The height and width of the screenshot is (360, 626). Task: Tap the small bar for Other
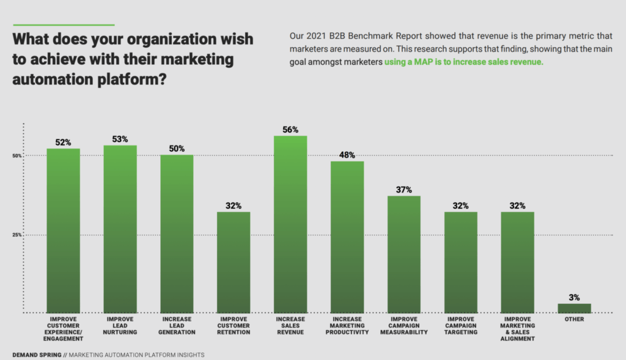tap(574, 308)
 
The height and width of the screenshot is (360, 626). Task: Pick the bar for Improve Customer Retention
tap(234, 262)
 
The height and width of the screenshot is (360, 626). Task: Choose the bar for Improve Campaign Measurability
tap(403, 254)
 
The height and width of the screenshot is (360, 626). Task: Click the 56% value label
tap(290, 130)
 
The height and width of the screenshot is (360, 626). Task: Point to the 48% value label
tap(347, 155)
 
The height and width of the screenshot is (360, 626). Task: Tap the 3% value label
tap(574, 297)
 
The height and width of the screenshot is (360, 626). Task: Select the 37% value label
tap(403, 189)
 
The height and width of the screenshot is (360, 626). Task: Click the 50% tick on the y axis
tap(17, 156)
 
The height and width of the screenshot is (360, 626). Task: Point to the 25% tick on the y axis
tap(17, 235)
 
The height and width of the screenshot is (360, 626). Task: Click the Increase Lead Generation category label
tap(177, 326)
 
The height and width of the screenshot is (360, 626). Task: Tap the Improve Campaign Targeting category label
tap(460, 326)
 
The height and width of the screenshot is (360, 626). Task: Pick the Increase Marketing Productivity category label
tap(347, 326)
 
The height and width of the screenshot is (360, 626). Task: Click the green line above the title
tap(64, 25)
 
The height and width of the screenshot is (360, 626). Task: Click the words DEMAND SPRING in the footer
tap(37, 354)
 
